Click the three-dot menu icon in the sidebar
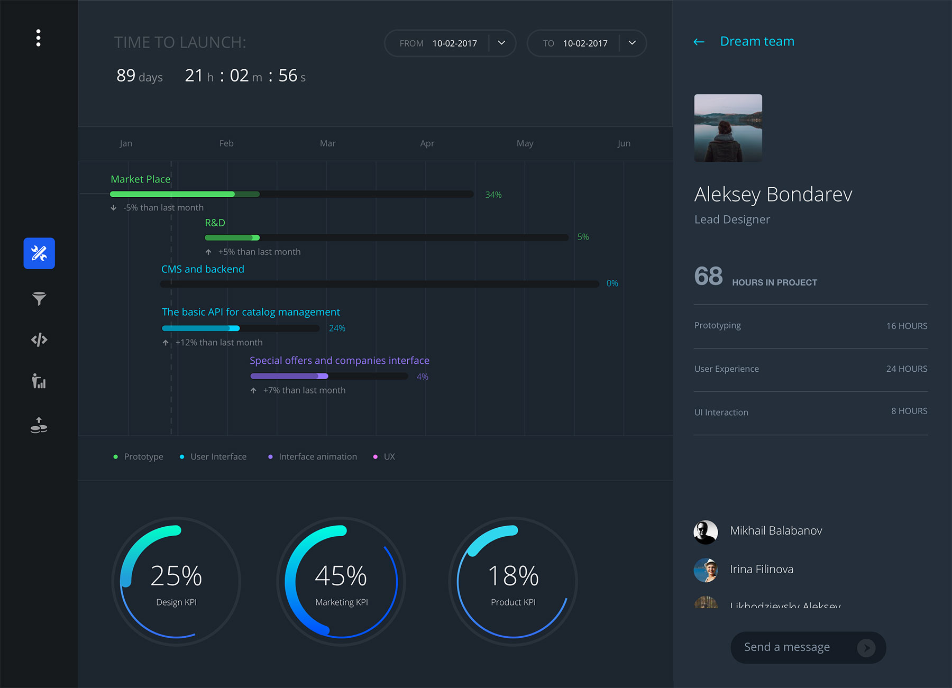tap(38, 38)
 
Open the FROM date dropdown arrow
tap(501, 43)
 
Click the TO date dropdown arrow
tap(632, 43)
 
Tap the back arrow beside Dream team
tap(699, 42)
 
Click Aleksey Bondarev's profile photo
tap(728, 128)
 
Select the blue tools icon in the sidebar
tap(39, 253)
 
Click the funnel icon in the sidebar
tap(39, 298)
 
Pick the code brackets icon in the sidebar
tap(39, 340)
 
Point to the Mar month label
tap(327, 143)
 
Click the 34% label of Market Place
tap(493, 195)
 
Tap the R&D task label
tap(215, 223)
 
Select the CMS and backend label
tap(203, 269)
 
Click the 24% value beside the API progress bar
tap(337, 328)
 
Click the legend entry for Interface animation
tap(317, 456)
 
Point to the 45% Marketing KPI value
tap(341, 576)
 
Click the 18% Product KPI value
tap(513, 576)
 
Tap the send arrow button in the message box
tap(866, 647)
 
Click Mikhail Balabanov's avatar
tap(706, 532)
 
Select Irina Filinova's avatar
tap(706, 570)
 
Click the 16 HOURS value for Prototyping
tap(907, 326)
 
